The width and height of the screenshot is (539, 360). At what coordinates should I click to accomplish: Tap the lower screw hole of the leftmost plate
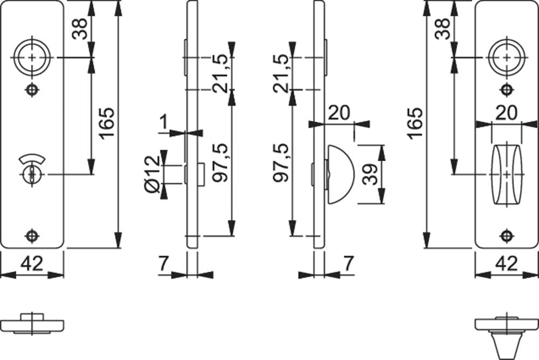pos(32,236)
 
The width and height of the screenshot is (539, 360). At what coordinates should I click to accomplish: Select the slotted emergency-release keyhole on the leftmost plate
pos(32,174)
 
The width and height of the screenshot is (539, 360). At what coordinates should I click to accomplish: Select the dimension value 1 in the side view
pos(164,122)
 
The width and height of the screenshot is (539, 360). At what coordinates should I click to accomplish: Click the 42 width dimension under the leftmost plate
pos(32,264)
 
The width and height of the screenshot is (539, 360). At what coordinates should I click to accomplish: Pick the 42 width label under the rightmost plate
pos(507,264)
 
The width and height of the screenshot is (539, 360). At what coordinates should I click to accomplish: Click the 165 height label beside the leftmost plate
pos(107,123)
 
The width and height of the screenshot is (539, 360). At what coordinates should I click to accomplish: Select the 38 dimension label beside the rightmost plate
pos(443,29)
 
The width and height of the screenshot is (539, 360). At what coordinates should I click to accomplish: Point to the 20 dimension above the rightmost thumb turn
pos(507,113)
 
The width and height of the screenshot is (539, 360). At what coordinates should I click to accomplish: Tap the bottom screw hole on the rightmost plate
pos(506,236)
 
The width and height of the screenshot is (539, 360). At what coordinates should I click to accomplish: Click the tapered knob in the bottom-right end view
pos(506,342)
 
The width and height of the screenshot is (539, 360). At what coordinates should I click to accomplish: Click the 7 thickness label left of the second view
pos(164,264)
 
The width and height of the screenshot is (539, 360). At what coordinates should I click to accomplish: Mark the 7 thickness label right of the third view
pos(348,264)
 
